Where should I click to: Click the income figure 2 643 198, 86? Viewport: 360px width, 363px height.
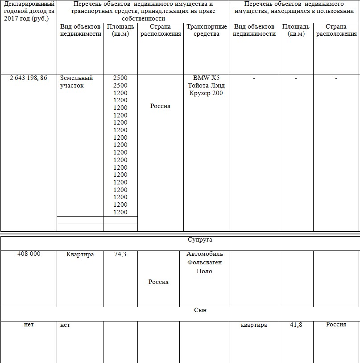[x=29, y=78]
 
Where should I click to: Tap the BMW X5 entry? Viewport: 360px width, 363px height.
[x=206, y=78]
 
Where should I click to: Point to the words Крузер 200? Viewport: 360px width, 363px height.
[x=206, y=93]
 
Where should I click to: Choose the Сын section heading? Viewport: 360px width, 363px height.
[x=200, y=310]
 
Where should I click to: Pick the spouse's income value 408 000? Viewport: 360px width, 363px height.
[x=29, y=254]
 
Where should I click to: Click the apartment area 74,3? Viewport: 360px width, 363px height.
[x=120, y=254]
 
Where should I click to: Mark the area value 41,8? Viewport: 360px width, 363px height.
[x=296, y=325]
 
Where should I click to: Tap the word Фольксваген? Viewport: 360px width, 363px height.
[x=204, y=263]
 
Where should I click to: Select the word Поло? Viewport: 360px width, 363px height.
[x=204, y=271]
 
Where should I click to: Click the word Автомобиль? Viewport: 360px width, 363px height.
[x=204, y=254]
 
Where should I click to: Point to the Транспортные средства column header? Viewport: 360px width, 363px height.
[x=207, y=30]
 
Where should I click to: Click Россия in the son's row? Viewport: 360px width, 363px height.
[x=336, y=325]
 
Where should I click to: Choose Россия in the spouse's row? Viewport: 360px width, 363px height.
[x=158, y=282]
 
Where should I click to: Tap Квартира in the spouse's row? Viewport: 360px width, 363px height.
[x=80, y=254]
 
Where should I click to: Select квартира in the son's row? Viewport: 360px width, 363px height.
[x=253, y=325]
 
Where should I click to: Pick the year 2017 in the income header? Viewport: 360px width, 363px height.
[x=12, y=18]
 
